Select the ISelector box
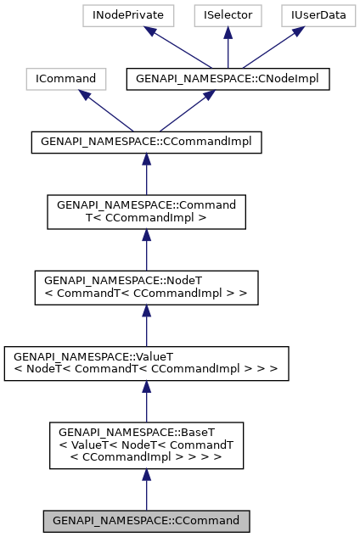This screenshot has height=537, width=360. (x=228, y=15)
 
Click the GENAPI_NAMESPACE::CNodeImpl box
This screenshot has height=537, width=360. (x=228, y=79)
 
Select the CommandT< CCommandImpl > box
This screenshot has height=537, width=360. (x=146, y=212)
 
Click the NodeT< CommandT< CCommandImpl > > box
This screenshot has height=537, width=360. (x=146, y=288)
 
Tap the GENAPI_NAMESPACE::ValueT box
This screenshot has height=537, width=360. (x=146, y=363)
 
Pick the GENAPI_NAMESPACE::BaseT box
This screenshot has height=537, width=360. (x=146, y=445)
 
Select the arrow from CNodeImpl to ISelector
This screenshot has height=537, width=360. (x=228, y=47)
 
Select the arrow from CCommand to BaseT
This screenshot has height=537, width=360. (x=146, y=489)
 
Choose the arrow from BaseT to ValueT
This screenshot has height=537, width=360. (x=146, y=400)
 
